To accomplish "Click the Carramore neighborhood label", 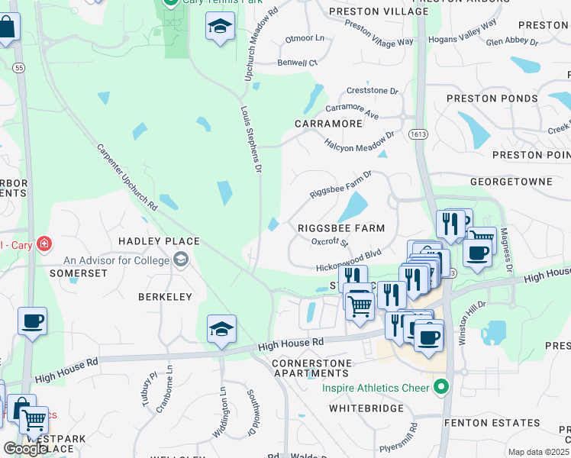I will [x=328, y=123].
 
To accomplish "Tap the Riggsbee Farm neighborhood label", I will [x=340, y=228].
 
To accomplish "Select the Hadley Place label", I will [x=159, y=241].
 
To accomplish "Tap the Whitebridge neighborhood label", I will [x=366, y=408].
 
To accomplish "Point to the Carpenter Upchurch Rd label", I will [x=127, y=178].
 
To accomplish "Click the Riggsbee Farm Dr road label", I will [x=340, y=185].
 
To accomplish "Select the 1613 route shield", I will [x=421, y=133].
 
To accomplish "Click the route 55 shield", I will [x=19, y=68].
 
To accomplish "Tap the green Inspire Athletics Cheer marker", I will [x=440, y=388].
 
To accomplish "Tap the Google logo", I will [x=25, y=449].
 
